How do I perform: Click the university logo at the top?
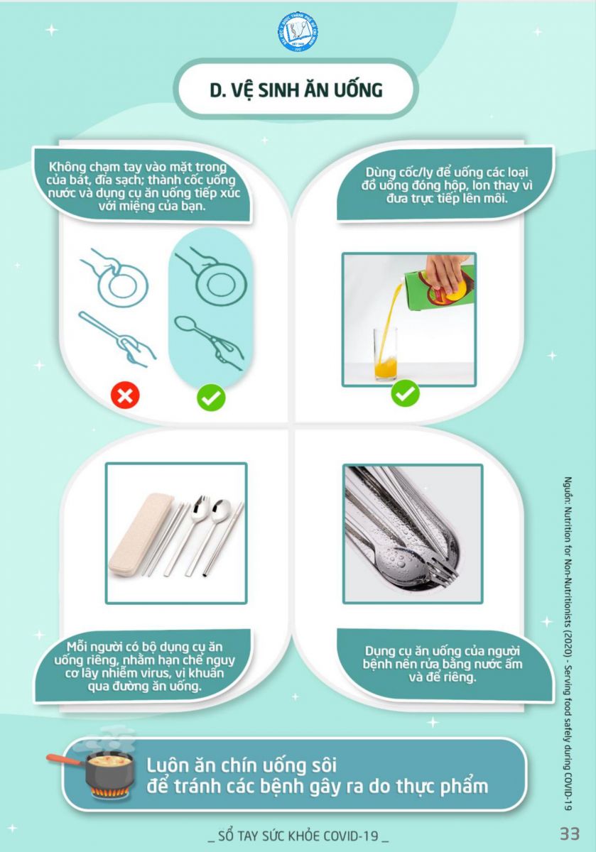pos(298,31)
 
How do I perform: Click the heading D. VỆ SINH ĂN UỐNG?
pos(296,90)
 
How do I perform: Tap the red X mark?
pos(125,395)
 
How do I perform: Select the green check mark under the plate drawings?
pos(211,398)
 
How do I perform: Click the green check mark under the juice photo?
pos(406,393)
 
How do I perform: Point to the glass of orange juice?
pos(385,354)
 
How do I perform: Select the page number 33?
pos(570,834)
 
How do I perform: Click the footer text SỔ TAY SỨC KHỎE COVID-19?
pos(298,836)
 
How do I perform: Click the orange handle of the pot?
pos(63,759)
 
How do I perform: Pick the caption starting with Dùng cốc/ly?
pos(448,185)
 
